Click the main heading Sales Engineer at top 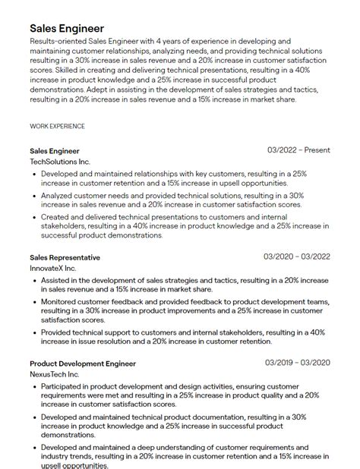67,29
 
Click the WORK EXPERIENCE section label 57,126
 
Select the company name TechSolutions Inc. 60,162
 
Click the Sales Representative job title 65,257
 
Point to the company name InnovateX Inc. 53,269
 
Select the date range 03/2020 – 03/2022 297,257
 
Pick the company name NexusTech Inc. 55,375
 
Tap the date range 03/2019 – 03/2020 297,364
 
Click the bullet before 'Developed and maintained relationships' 35,174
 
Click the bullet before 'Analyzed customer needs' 35,196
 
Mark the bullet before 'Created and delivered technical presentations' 35,217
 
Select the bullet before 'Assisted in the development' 35,280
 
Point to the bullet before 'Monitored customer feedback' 35,301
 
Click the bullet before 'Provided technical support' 35,332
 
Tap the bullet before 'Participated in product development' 35,386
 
